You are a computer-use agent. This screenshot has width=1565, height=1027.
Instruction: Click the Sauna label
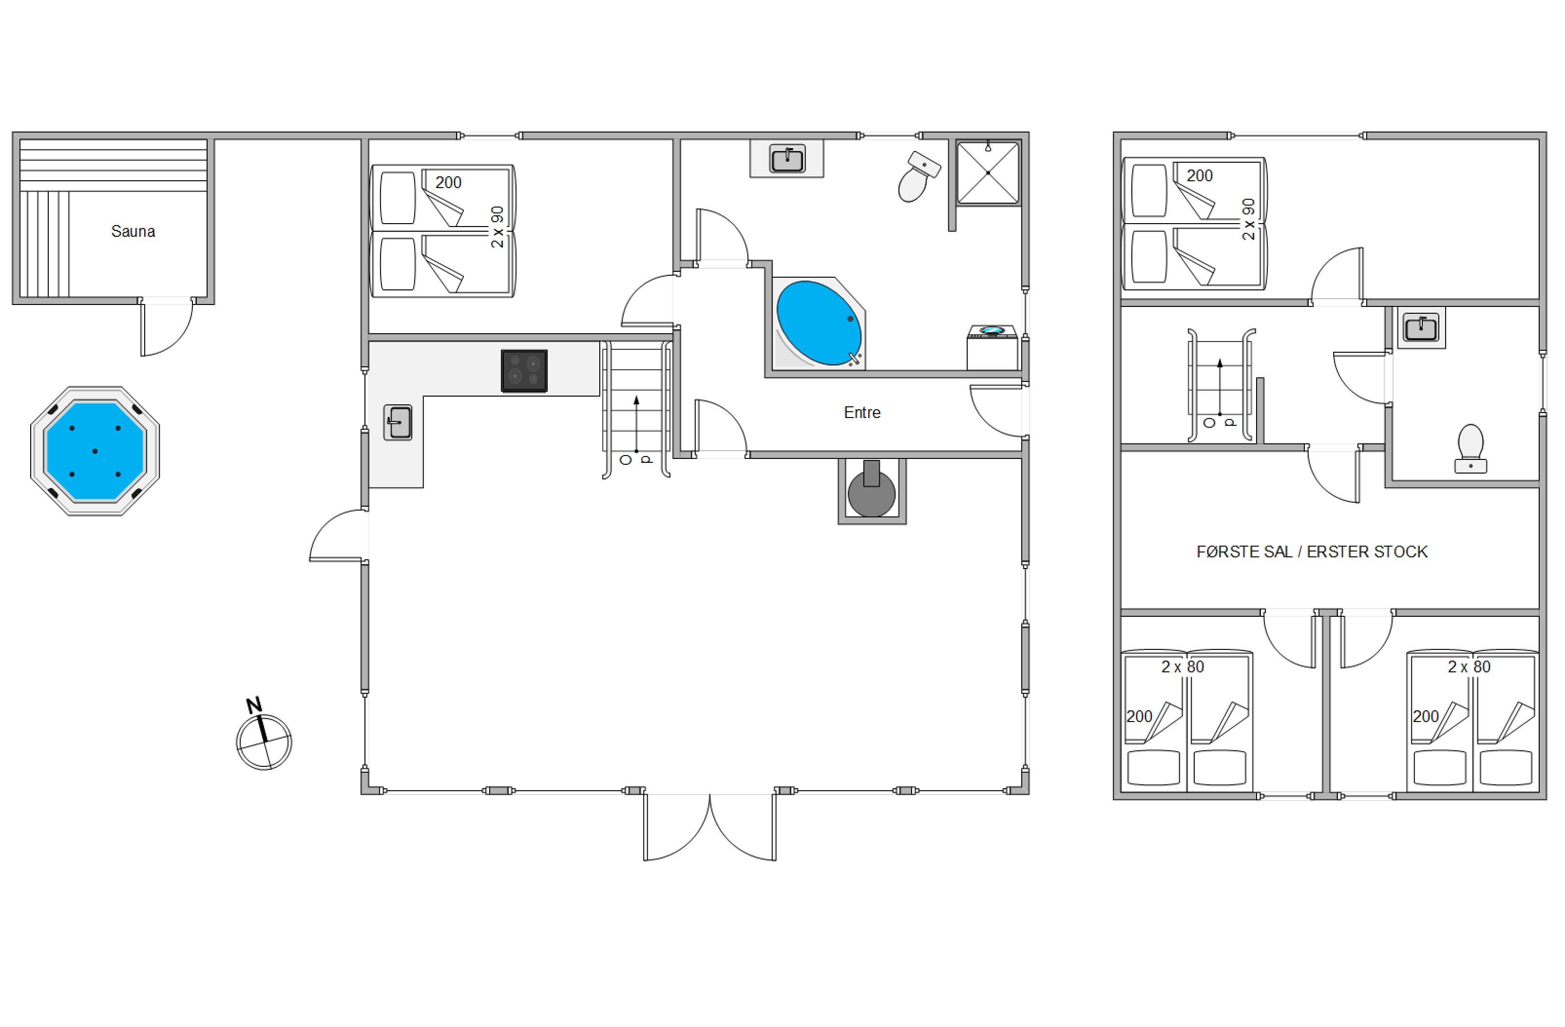point(133,231)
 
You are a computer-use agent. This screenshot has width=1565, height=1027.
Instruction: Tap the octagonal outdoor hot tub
point(95,451)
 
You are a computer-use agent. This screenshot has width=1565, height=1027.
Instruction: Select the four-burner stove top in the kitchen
point(524,371)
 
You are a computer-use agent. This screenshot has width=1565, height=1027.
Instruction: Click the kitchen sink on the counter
point(398,422)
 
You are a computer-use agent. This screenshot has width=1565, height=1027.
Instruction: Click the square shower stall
point(988,173)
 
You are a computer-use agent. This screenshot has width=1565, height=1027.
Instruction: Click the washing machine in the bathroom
point(992,348)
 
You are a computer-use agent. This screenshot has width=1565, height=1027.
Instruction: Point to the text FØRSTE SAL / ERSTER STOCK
point(1312,552)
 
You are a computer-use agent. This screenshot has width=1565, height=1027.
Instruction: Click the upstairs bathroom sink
point(1421,327)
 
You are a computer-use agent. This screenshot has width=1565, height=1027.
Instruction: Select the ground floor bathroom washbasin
point(787,158)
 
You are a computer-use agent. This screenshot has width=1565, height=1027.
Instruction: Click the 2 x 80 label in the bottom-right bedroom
point(1469,666)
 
